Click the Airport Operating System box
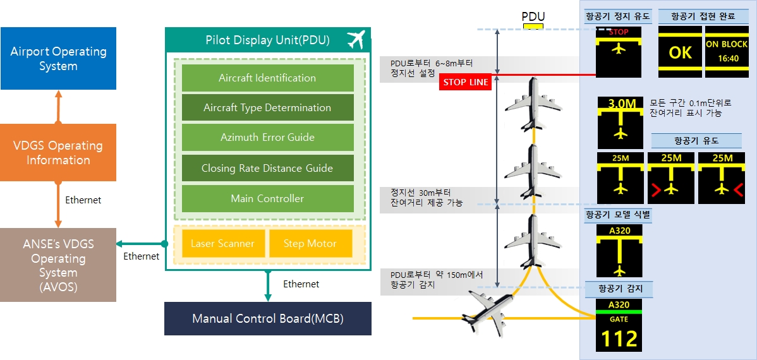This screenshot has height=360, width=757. coord(58,58)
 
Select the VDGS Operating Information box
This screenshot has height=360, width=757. coord(58,152)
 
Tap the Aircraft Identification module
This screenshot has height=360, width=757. coord(267,78)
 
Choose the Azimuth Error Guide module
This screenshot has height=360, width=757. coord(267,138)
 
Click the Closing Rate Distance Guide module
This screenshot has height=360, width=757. coord(267,168)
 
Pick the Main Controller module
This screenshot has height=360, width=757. coord(267,198)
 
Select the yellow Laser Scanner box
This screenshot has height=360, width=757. coord(222,243)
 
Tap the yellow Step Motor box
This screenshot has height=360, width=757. coord(310,243)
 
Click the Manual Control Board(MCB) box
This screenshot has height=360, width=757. coord(268,318)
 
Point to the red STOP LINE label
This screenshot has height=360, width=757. coord(466,82)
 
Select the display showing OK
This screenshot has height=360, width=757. coord(681,52)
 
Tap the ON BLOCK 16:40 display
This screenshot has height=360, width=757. coord(727,52)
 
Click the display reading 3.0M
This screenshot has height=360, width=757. coord(621,123)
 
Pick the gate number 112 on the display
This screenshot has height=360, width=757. coord(619,339)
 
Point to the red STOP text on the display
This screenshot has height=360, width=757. coord(619,32)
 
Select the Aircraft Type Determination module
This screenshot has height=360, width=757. coord(267,107)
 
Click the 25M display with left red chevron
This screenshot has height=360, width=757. coord(671,177)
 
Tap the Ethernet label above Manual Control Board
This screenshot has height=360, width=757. coord(301,284)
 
